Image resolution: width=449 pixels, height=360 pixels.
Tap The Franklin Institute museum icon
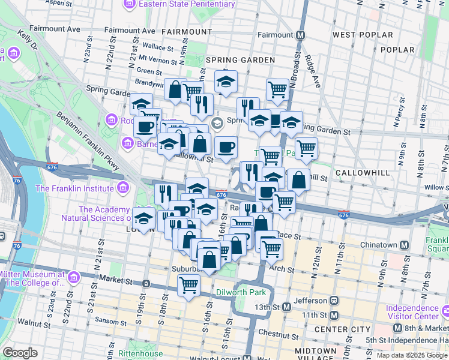click(123, 188)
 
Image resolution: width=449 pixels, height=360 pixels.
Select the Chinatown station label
click(378, 245)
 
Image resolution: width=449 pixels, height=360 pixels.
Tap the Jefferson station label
click(310, 301)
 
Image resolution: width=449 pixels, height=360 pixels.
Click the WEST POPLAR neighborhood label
click(363, 35)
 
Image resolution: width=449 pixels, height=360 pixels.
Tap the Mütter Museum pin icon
click(73, 278)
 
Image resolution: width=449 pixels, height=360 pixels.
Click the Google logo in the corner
click(20, 353)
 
